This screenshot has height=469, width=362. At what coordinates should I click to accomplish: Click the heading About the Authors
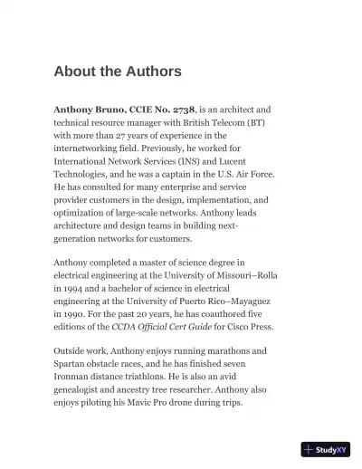(x=118, y=71)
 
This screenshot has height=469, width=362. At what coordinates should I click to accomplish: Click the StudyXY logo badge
(x=326, y=449)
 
